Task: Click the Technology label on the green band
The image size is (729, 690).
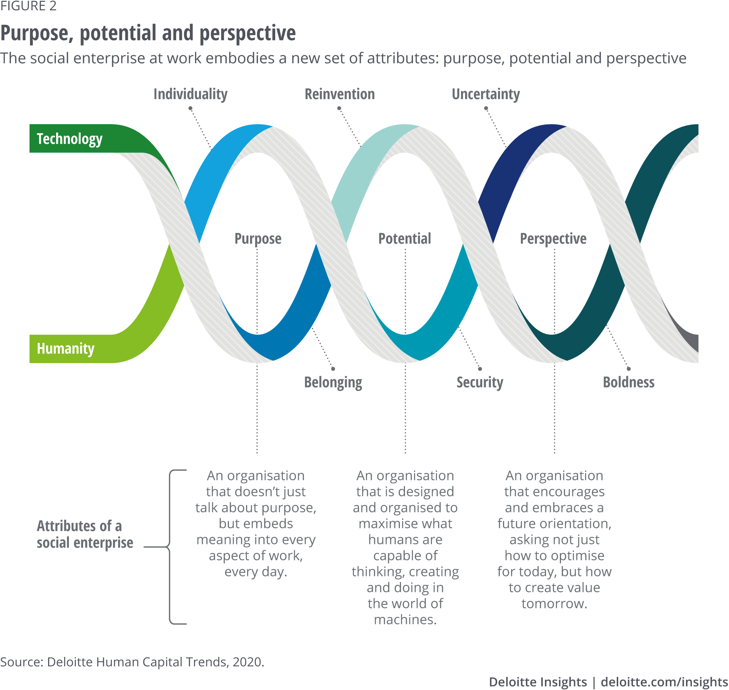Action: tap(70, 139)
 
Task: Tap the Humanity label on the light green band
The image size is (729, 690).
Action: tap(66, 349)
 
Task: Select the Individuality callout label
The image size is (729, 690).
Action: tap(190, 94)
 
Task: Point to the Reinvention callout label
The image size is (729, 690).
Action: tap(339, 94)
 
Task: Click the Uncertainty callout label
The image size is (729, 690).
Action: tap(486, 94)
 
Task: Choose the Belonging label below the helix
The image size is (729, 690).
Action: tap(333, 383)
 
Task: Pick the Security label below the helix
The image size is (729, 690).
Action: tap(480, 383)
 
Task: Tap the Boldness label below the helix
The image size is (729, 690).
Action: tap(628, 383)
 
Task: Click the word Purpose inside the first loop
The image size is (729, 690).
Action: tap(258, 239)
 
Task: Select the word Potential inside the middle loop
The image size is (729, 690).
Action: tap(405, 239)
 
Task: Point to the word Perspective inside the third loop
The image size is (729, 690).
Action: tap(553, 239)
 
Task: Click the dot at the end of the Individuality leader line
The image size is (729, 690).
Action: tap(190, 109)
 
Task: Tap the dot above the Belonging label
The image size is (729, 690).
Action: tap(333, 369)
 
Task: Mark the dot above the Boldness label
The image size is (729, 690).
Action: tap(628, 369)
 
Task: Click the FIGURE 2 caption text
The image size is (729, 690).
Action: tap(28, 6)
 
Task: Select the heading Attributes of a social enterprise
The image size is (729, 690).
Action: tap(85, 535)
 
